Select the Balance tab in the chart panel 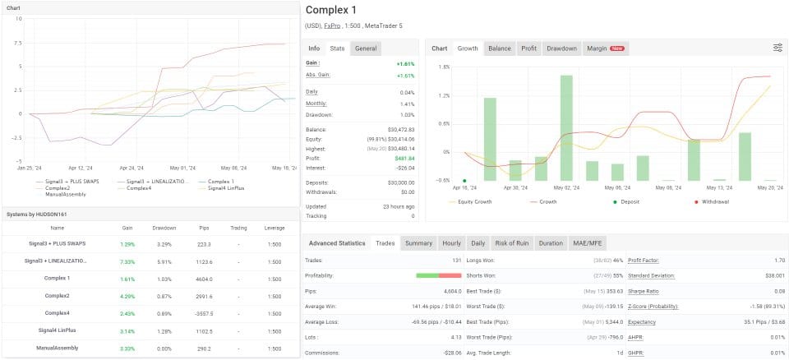click(499, 48)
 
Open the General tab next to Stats click(366, 48)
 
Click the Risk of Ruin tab click(513, 243)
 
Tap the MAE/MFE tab click(588, 243)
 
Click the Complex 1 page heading click(331, 11)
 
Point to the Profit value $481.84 click(403, 158)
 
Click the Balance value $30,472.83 click(400, 130)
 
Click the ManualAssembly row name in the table click(57, 349)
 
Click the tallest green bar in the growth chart click(566, 127)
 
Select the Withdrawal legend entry click(724, 201)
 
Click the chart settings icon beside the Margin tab click(777, 48)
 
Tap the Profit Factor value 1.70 click(773, 261)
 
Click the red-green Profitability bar click(438, 275)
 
